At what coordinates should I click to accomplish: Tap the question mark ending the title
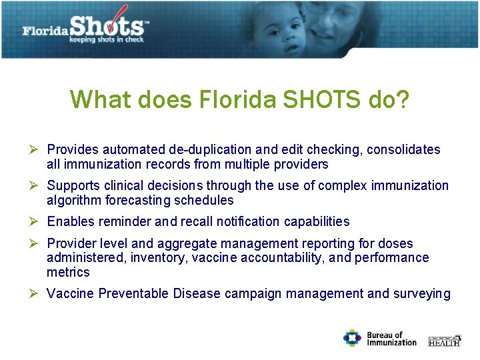click(402, 100)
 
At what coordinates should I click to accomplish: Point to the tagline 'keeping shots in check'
click(107, 39)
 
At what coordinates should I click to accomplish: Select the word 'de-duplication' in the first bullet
click(204, 150)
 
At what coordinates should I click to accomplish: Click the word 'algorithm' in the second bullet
click(73, 200)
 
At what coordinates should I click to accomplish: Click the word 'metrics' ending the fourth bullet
click(68, 272)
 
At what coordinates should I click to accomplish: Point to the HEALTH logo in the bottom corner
click(444, 341)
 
